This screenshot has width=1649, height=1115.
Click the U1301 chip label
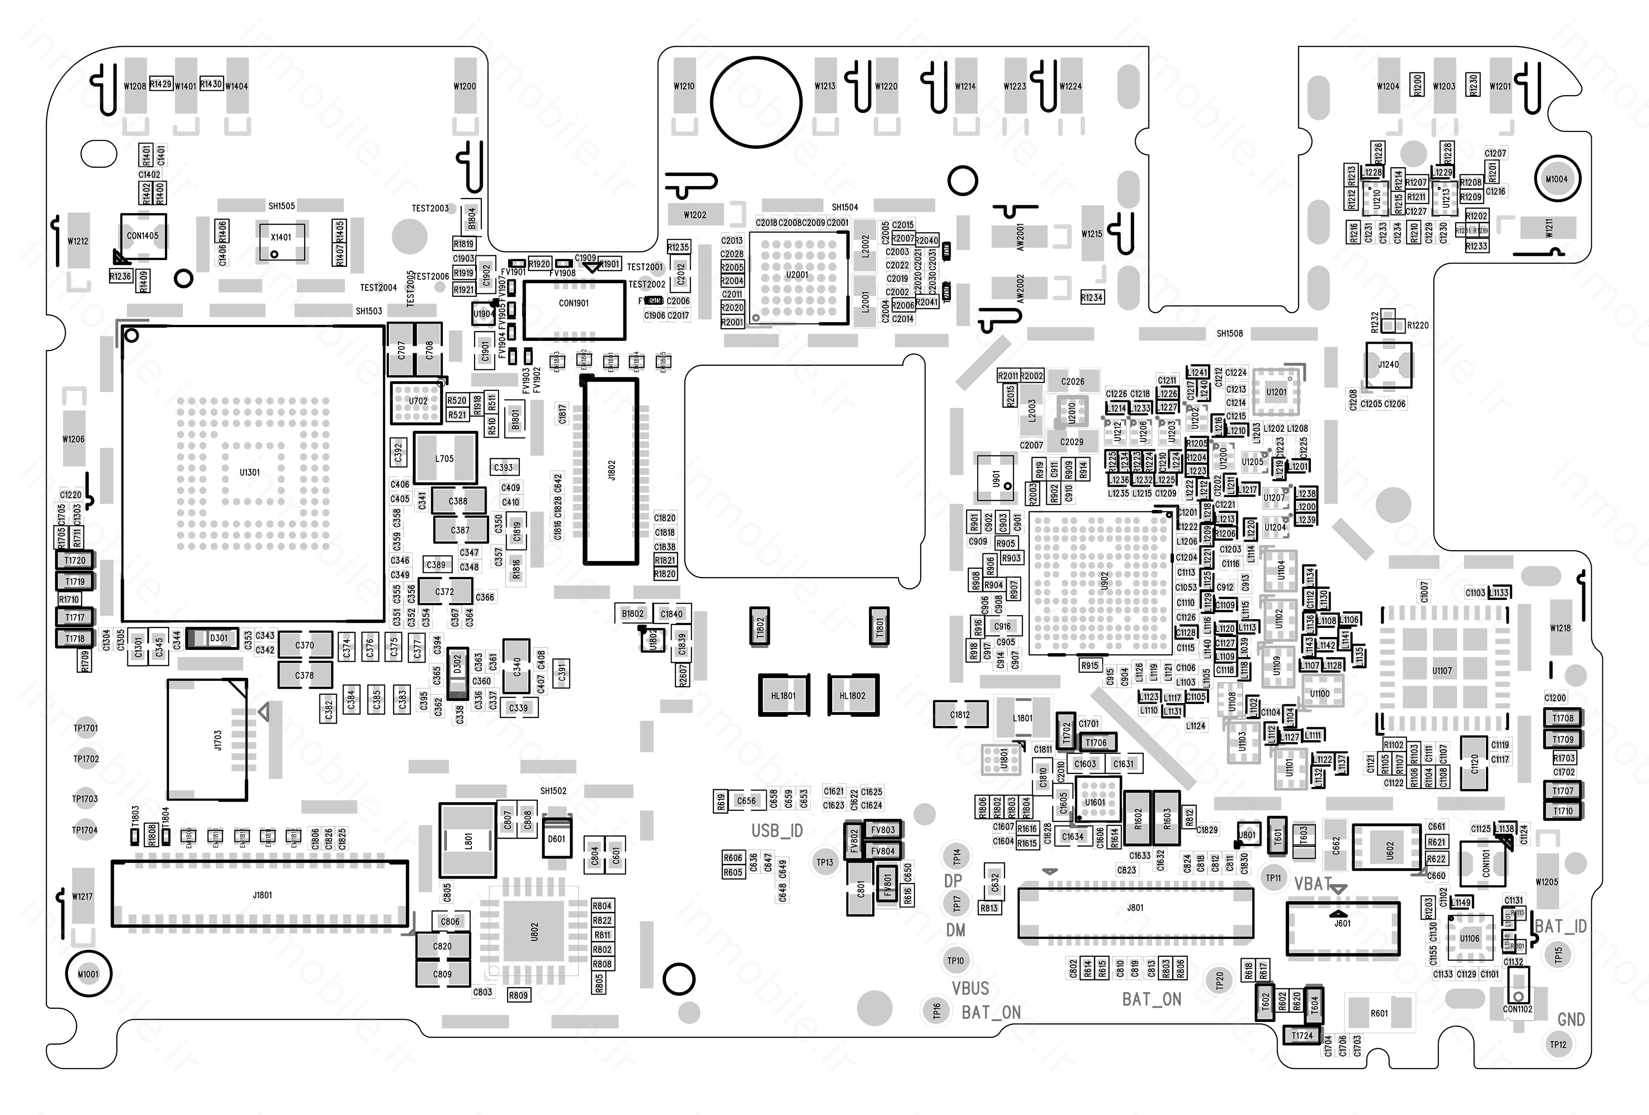click(250, 472)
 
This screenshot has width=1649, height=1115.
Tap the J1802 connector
click(612, 471)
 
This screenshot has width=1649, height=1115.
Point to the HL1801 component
click(783, 696)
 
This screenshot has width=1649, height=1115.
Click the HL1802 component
click(852, 696)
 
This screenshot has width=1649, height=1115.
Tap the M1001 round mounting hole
click(88, 974)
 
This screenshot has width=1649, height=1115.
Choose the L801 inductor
click(468, 840)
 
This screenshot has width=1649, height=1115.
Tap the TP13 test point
click(824, 862)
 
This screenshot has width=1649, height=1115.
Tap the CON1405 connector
click(142, 236)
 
